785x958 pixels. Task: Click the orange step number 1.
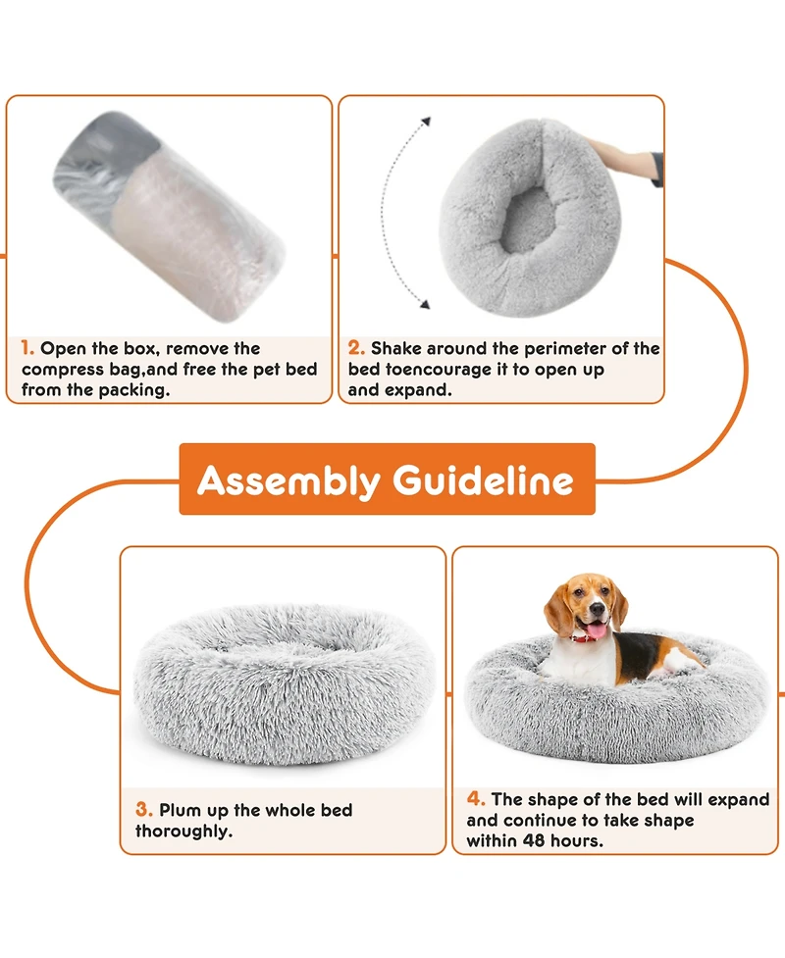point(27,348)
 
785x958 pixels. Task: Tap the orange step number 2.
point(356,348)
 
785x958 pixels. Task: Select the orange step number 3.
point(144,810)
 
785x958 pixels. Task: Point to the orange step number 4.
point(475,799)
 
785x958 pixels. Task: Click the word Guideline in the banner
point(483,480)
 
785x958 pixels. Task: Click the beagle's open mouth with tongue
point(596,629)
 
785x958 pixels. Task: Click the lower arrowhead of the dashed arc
point(425,305)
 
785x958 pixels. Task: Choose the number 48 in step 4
point(545,841)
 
